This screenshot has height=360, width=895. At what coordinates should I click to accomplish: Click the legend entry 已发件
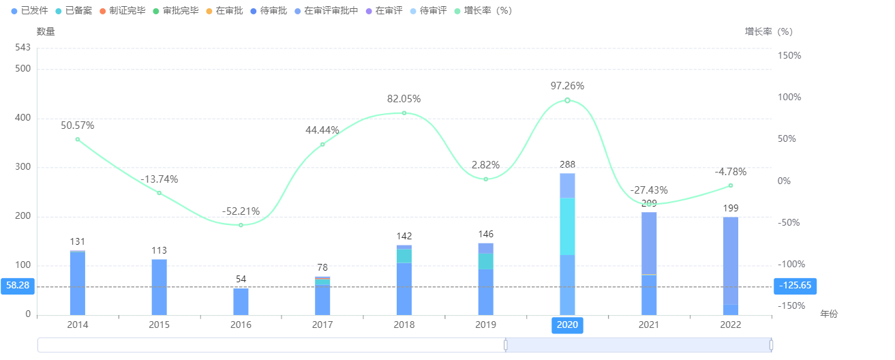(29, 11)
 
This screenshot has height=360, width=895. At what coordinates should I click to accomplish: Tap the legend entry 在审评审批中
(326, 11)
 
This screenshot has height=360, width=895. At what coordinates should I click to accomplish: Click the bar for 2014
(78, 282)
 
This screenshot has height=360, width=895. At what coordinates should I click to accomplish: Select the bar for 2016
(241, 301)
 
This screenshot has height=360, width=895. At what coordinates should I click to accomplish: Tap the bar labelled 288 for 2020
(567, 244)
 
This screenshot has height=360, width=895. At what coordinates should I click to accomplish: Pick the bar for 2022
(731, 266)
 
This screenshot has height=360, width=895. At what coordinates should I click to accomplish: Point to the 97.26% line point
(567, 100)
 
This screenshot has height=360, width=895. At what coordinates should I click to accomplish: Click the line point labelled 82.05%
(404, 113)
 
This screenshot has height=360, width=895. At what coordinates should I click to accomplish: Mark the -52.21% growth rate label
(241, 211)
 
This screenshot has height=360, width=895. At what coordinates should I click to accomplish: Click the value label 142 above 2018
(404, 236)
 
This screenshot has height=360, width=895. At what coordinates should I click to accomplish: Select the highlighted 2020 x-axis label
(567, 325)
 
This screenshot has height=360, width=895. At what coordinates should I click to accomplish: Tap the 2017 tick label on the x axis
(322, 325)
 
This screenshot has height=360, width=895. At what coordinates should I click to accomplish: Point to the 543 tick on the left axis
(23, 47)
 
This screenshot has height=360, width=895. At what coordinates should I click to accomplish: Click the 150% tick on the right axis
(789, 55)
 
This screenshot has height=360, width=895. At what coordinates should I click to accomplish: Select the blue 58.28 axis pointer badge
(18, 286)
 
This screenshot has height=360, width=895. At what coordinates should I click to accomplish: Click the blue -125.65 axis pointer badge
(795, 286)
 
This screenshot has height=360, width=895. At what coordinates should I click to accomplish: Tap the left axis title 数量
(46, 31)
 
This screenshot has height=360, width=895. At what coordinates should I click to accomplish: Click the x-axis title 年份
(828, 314)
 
